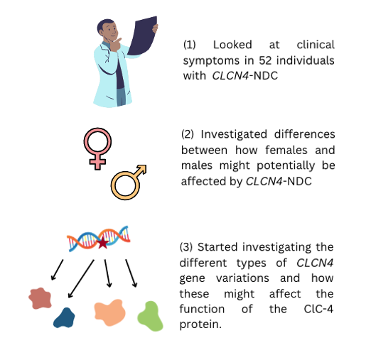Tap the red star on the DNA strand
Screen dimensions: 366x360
pos(103,243)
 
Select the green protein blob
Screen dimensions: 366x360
pos(150,316)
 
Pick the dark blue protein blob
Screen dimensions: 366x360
pos(64,318)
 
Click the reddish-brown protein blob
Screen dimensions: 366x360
pos(40,298)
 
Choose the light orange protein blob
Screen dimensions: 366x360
pos(109,312)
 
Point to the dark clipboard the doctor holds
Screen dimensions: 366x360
pos(143,36)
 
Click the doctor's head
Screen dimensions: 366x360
pos(108,30)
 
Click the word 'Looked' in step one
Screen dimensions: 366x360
pos(232,45)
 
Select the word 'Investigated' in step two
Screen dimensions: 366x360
pos(234,135)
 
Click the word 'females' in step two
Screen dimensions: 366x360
pos(286,150)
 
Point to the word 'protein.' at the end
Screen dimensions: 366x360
pos(200,324)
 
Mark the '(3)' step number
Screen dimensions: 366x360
pos(186,247)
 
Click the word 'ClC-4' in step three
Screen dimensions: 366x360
pos(318,309)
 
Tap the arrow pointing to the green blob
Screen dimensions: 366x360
pos(131,273)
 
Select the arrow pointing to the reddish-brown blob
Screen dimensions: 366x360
pos(58,270)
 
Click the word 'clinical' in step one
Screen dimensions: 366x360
pos(316,45)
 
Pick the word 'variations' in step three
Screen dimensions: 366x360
pos(242,278)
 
